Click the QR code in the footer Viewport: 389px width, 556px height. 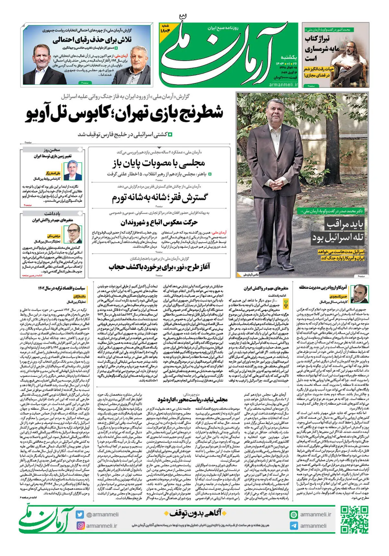(354, 520)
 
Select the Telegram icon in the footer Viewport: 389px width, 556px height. (294, 526)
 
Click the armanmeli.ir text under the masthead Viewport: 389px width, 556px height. (283, 85)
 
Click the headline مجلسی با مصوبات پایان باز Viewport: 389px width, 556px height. (159, 163)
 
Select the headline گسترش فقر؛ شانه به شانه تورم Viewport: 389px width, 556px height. (159, 197)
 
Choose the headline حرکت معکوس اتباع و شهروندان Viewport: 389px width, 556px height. (159, 223)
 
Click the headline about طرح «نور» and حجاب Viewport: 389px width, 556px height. (159, 267)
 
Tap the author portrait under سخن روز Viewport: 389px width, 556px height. (75, 170)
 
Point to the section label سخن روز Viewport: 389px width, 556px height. (52, 150)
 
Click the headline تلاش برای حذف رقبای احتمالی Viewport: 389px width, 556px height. (92, 41)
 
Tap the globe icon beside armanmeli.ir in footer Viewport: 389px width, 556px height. (294, 514)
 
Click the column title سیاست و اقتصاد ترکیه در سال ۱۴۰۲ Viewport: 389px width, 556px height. (62, 288)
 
